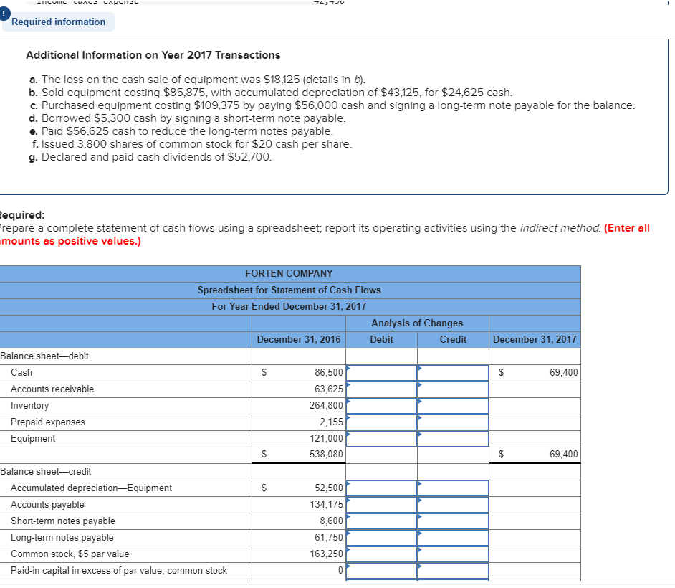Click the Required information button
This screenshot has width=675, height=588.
58,22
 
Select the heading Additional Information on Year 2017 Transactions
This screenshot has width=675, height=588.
153,55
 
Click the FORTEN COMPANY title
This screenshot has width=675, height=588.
289,273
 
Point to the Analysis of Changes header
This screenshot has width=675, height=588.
417,323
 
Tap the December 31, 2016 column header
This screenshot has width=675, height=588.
299,339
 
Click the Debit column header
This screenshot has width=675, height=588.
381,339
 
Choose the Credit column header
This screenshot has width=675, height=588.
453,339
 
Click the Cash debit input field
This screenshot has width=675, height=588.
381,372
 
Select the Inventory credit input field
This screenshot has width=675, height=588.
453,405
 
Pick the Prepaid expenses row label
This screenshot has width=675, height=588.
47,422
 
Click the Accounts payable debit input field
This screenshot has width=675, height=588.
381,504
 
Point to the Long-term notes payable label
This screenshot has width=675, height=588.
62,537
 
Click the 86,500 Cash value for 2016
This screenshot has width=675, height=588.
329,372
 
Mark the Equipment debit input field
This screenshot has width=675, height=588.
381,438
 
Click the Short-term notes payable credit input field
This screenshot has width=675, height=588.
453,521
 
